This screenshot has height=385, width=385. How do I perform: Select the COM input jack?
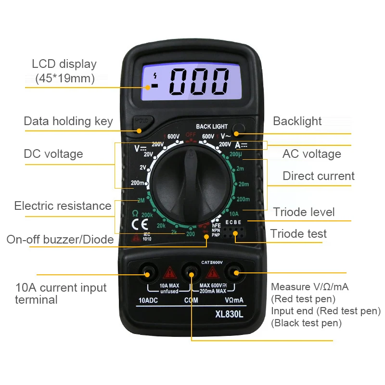tap(191, 274)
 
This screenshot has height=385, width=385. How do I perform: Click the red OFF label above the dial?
tap(191, 136)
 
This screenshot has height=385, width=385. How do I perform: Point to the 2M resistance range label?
tap(141, 201)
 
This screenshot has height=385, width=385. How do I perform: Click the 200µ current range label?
tap(236, 154)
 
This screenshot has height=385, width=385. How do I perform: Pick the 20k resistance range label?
tap(161, 225)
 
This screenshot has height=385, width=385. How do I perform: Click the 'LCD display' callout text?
tap(64, 64)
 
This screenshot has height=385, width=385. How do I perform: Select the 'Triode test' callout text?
tap(298, 234)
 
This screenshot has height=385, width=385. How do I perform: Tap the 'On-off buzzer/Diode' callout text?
tap(60, 239)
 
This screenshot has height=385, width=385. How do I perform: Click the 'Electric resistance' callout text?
tap(63, 206)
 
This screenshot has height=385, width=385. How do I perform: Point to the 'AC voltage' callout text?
tap(311, 154)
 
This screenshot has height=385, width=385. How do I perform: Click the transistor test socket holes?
tap(235, 235)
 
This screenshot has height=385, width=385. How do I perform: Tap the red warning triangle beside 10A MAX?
tap(169, 274)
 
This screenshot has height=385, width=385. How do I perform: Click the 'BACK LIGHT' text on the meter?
tap(212, 127)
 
